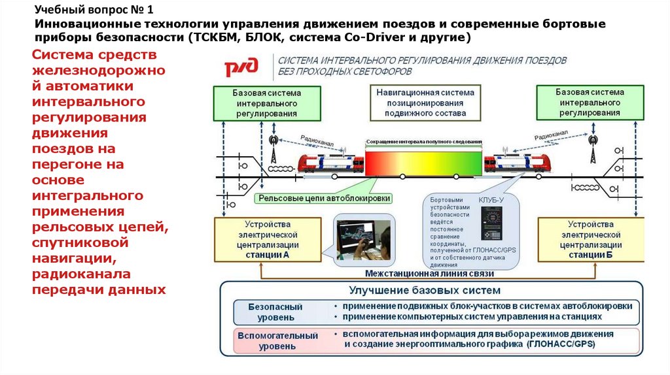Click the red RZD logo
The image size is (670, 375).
click(x=241, y=67)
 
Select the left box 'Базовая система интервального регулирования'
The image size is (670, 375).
click(x=266, y=103)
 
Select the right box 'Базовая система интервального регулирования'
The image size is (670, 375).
click(x=590, y=103)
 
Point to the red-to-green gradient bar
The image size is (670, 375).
click(x=424, y=161)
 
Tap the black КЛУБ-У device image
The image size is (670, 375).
click(x=491, y=223)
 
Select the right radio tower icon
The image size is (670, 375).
click(x=593, y=149)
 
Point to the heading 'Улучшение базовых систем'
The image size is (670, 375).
click(x=425, y=289)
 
